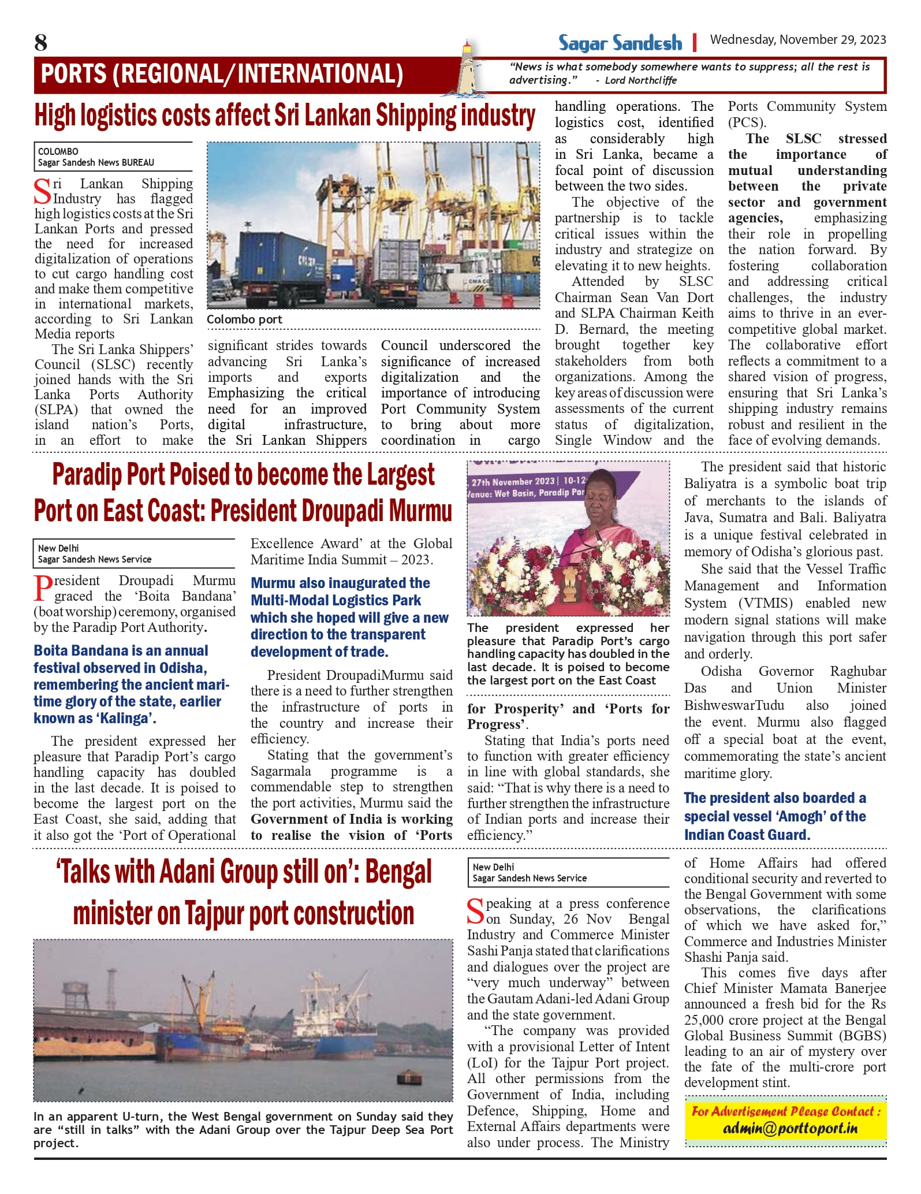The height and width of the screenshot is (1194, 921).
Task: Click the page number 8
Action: click(x=41, y=43)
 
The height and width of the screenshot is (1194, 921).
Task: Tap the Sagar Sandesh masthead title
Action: click(x=620, y=43)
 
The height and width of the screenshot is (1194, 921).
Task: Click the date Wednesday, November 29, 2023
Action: click(x=797, y=40)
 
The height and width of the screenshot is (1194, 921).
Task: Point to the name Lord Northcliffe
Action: click(x=640, y=81)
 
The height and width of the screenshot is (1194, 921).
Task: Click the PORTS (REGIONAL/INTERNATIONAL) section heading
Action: click(x=222, y=75)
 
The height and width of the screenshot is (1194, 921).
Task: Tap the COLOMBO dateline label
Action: click(x=58, y=152)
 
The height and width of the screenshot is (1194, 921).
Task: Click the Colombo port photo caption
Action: click(x=245, y=319)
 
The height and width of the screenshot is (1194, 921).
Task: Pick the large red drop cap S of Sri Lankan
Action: click(x=43, y=192)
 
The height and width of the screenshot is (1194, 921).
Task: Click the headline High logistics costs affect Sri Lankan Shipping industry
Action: click(x=285, y=116)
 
